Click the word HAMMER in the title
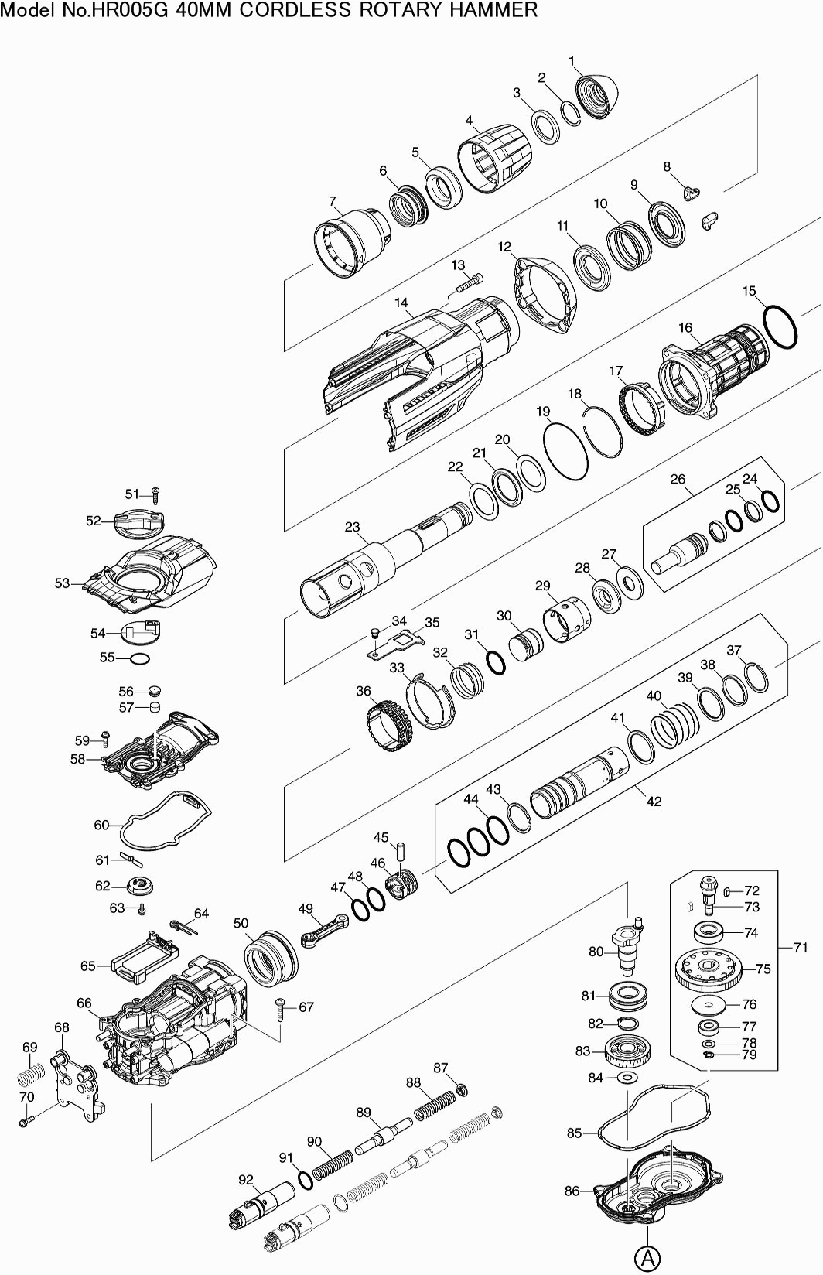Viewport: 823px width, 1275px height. (495, 10)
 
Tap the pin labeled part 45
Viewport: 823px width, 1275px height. (402, 850)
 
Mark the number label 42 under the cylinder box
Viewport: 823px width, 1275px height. (654, 802)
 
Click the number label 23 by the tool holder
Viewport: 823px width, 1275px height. (352, 528)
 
